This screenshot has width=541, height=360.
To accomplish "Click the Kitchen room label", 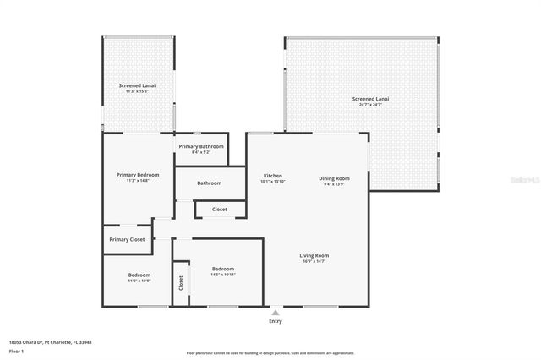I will (x=272, y=175).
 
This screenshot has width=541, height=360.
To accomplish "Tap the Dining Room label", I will (x=334, y=178).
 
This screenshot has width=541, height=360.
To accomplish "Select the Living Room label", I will (x=314, y=255).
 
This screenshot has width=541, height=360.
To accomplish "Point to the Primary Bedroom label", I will (x=137, y=175).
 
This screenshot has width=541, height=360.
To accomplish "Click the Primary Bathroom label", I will (x=201, y=147).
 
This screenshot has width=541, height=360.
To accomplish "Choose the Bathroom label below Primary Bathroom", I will (x=210, y=183).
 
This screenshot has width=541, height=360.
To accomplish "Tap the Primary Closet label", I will (x=127, y=239).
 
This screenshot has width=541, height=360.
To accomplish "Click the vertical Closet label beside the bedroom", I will (x=180, y=283).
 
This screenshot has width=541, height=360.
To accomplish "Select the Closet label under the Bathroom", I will (x=219, y=209).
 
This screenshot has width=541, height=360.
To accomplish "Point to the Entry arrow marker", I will (x=275, y=312).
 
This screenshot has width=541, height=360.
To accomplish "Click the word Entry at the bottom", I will (x=276, y=321).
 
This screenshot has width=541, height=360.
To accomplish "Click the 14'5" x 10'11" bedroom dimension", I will (x=223, y=275).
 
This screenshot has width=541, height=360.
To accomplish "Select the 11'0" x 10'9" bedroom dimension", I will (x=139, y=281).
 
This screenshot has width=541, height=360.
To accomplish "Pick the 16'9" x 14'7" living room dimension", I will (x=314, y=261).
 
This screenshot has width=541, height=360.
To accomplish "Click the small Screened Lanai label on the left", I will (x=136, y=85).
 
